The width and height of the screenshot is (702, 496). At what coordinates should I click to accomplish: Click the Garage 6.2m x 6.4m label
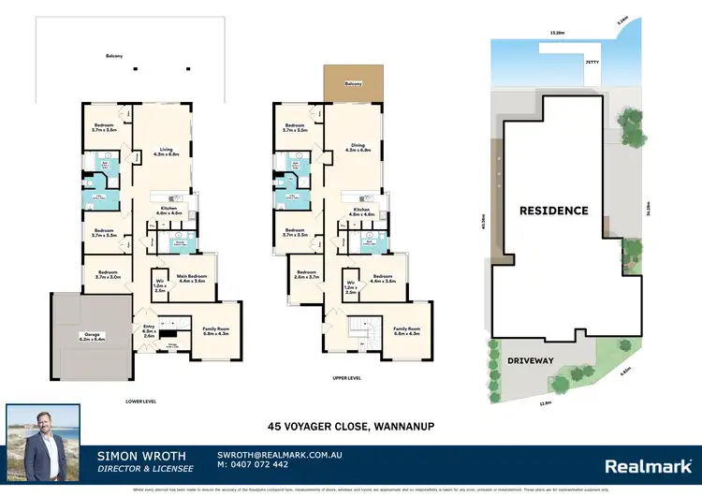(x=78, y=335)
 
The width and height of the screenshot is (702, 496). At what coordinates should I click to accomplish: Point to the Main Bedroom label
(x=192, y=278)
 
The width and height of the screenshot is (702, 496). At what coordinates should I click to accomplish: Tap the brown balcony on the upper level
(x=353, y=84)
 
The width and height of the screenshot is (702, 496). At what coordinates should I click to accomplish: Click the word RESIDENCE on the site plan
(x=553, y=211)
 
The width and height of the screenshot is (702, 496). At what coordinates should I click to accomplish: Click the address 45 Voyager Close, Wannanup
(x=351, y=426)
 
